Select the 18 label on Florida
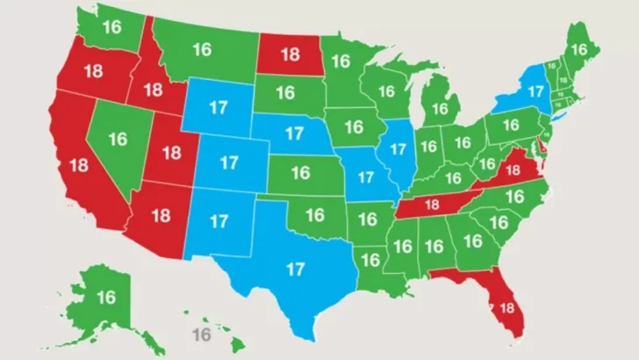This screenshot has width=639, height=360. [506, 308]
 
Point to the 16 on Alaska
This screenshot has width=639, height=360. [105, 298]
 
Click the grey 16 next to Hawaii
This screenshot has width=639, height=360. [202, 335]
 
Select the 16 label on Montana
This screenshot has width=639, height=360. [201, 49]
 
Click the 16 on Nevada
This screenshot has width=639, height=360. [118, 139]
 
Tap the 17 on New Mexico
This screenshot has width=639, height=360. [219, 220]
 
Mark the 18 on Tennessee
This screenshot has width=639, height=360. [430, 205]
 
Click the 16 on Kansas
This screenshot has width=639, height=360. [300, 172]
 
